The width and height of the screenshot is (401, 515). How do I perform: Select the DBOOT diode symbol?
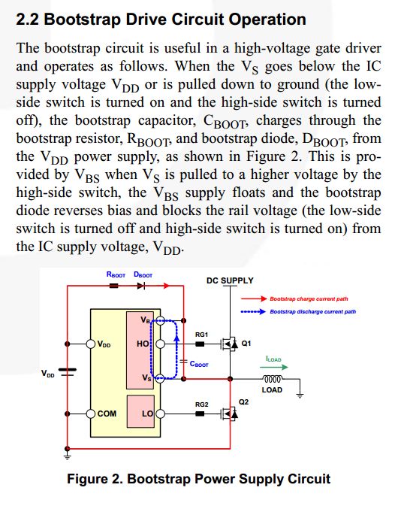coord(142,286)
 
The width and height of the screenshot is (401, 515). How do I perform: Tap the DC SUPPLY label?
coord(229,280)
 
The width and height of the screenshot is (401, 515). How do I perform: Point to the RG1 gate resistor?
coord(200,344)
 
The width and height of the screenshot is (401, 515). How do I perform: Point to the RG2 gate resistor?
coord(200,413)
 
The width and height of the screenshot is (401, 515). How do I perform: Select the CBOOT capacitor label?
coord(199,364)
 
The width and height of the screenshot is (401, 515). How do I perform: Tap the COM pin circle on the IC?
coord(91,413)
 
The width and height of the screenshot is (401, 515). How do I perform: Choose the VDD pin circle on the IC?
coord(91,344)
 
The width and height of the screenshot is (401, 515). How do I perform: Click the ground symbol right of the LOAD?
coord(301,392)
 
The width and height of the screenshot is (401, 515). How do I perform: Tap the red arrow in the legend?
coord(258,298)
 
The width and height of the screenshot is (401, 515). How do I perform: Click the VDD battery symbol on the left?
coord(68,373)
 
